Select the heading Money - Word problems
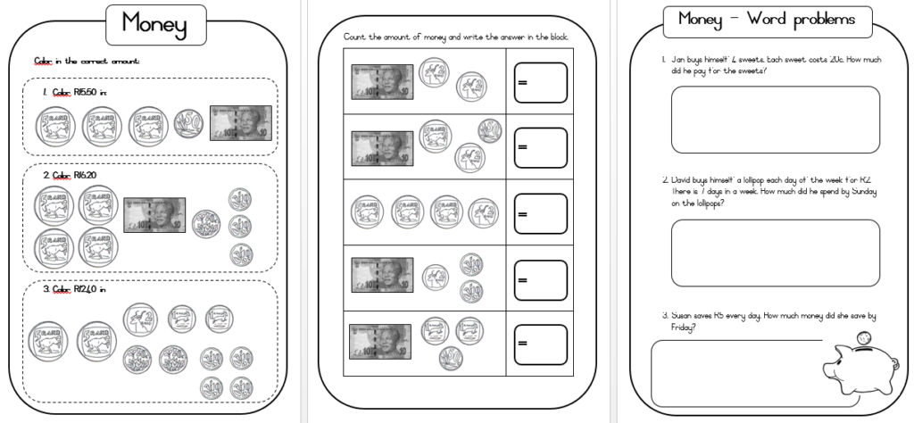[x=766, y=19]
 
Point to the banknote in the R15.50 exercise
[x=240, y=124]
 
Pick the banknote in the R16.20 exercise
[x=154, y=215]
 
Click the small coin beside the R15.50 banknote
[x=187, y=124]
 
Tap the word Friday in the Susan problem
[x=683, y=328]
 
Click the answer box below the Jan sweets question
[x=775, y=120]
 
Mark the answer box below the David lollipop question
[x=775, y=253]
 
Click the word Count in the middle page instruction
[x=354, y=37]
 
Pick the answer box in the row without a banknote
[x=540, y=214]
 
